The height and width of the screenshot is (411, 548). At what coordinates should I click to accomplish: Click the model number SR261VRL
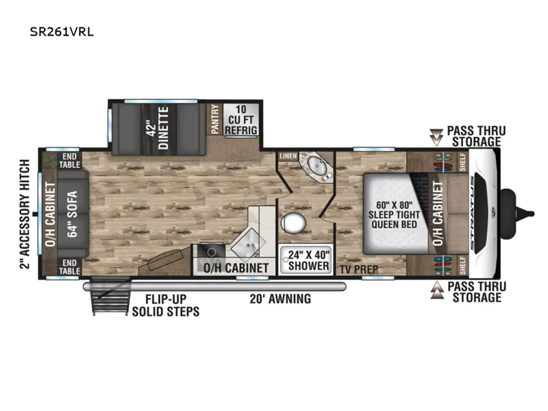(x=62, y=32)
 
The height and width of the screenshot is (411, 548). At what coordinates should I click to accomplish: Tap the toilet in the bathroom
(x=294, y=223)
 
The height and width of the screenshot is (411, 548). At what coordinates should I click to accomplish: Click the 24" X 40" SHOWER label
(x=309, y=260)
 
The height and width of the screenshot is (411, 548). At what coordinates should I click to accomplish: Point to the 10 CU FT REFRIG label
(x=241, y=120)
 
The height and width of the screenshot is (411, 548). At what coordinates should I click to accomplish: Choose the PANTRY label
(x=215, y=119)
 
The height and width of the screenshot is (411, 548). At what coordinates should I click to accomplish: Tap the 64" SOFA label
(x=73, y=214)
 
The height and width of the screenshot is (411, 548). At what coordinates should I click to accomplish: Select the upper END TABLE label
(x=70, y=160)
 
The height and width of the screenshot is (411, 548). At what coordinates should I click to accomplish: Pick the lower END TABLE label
(x=70, y=266)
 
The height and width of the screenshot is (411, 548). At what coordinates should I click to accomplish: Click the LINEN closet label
(x=288, y=156)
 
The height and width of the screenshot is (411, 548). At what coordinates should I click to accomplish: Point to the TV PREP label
(x=359, y=269)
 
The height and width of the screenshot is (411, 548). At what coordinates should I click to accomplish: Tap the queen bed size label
(x=395, y=214)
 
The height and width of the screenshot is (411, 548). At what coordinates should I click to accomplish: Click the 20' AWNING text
(x=280, y=299)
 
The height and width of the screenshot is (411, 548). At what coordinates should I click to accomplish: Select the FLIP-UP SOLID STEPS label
(x=166, y=306)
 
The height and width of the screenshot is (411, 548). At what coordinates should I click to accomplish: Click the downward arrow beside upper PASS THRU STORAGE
(x=436, y=137)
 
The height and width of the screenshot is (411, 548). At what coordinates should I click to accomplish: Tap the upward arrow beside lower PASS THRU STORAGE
(x=436, y=290)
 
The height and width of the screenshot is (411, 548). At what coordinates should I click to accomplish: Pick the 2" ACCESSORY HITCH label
(x=25, y=214)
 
